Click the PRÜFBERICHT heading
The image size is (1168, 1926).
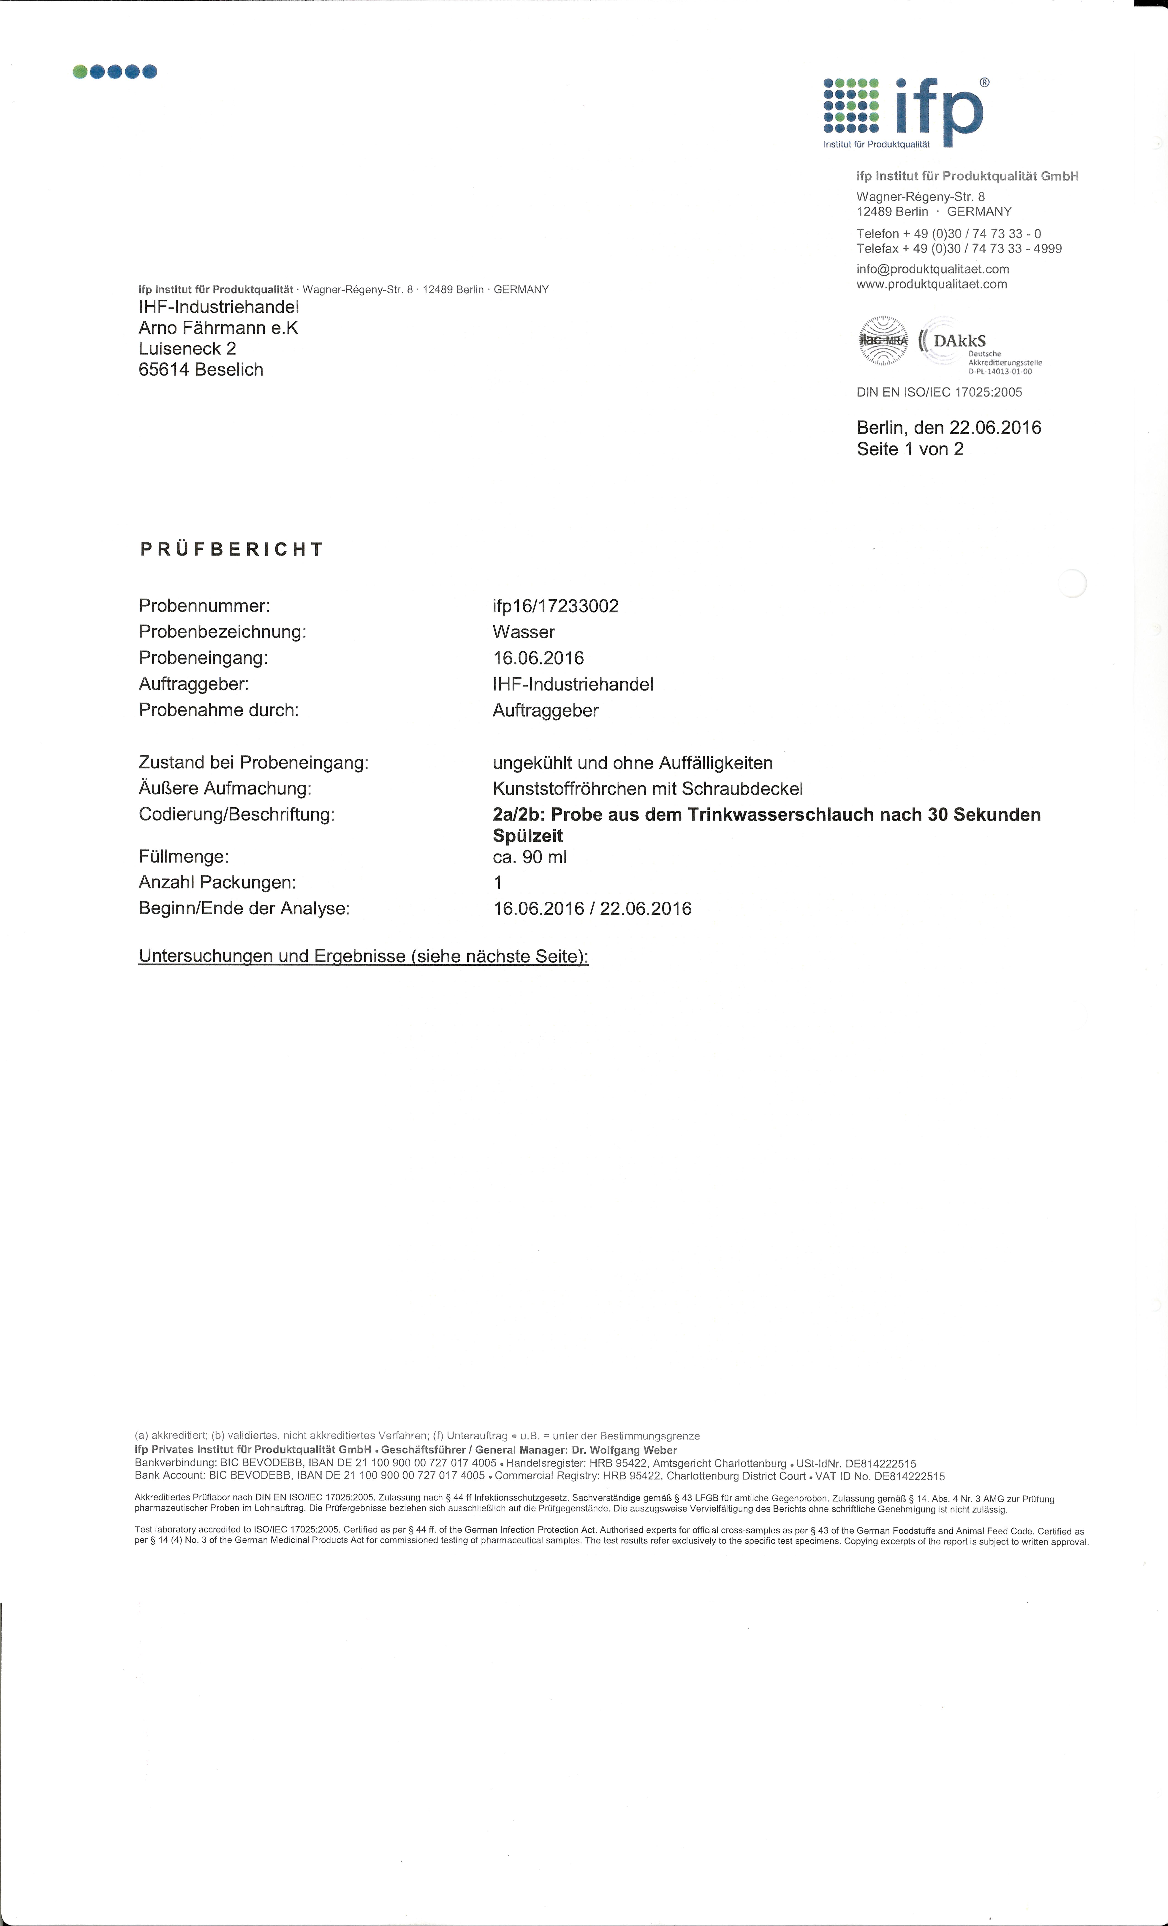click(x=231, y=549)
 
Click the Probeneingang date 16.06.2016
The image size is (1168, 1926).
click(x=538, y=658)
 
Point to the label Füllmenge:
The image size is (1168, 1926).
click(x=184, y=857)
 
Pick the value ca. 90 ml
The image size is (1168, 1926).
click(x=530, y=857)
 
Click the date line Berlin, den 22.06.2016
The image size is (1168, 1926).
click(x=948, y=428)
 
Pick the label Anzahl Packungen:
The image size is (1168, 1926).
click(x=217, y=882)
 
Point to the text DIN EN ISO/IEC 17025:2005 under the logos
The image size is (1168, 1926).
click(x=939, y=392)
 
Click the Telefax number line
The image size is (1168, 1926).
click(x=959, y=249)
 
